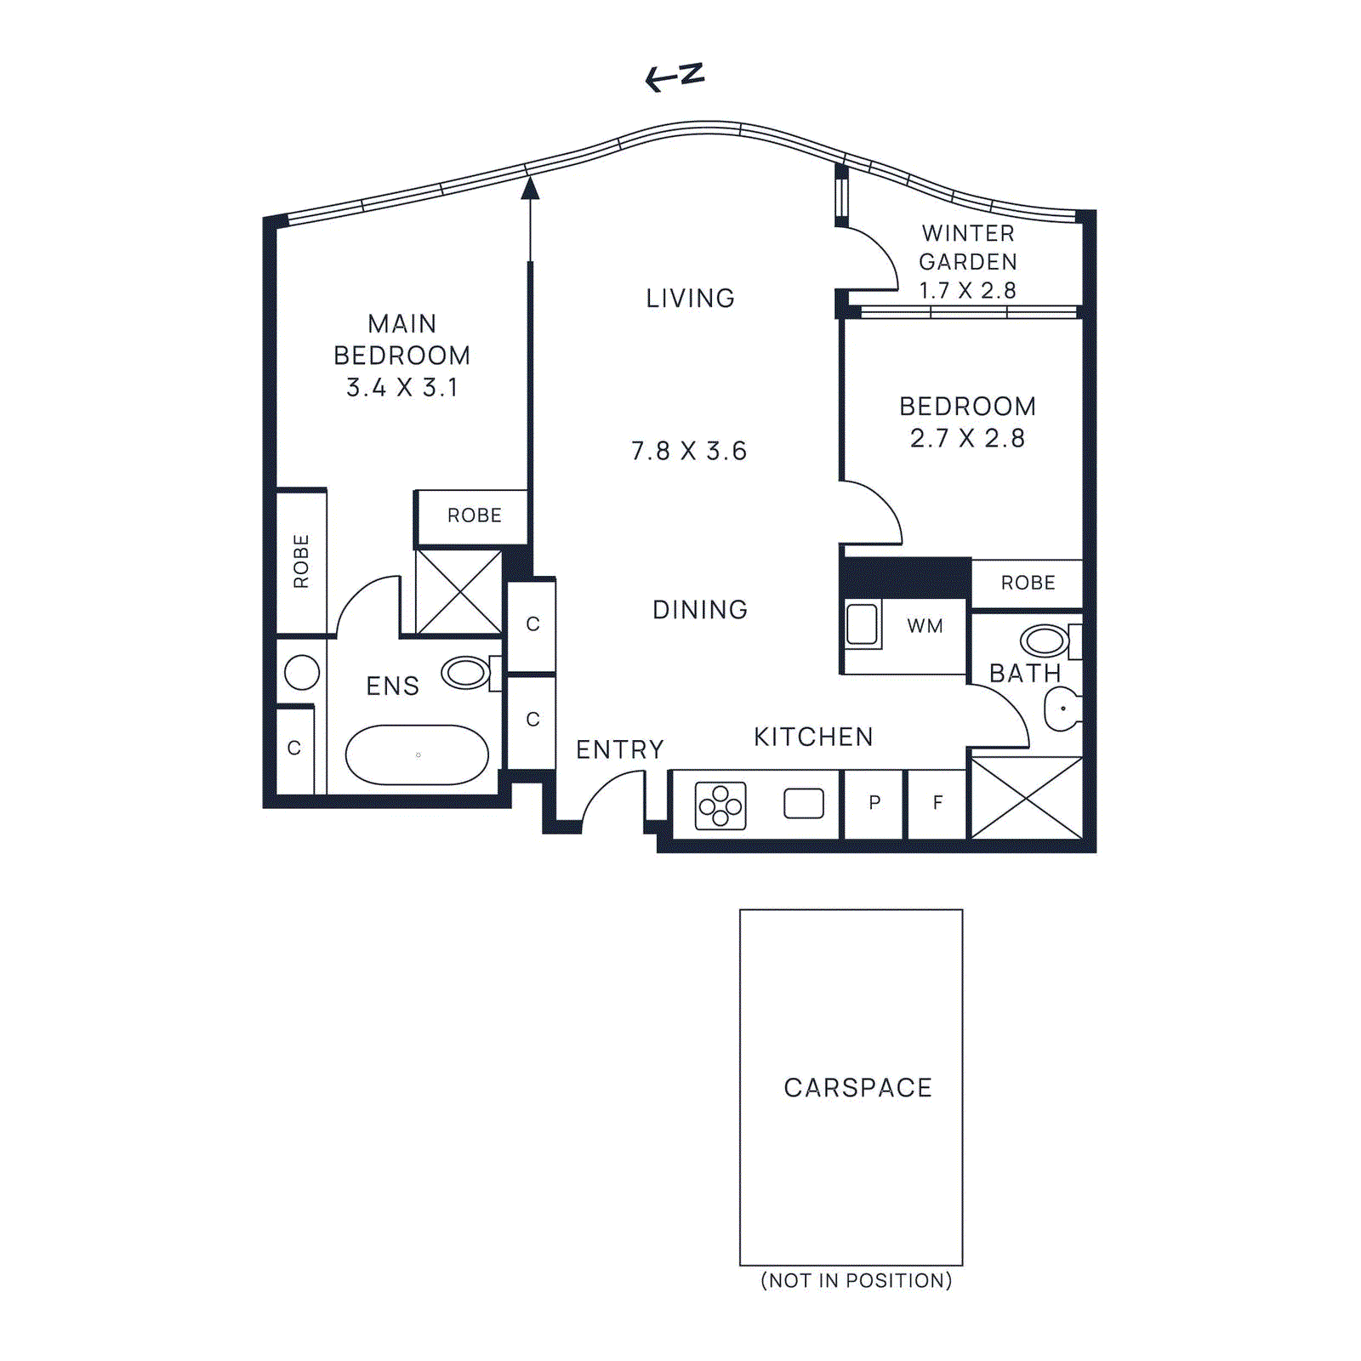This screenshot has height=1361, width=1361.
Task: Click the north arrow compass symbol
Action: (x=675, y=77)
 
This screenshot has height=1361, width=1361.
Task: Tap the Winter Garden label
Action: (x=968, y=248)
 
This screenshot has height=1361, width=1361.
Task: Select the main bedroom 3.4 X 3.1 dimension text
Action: (x=402, y=388)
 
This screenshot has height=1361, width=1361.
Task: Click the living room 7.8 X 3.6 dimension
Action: (x=689, y=451)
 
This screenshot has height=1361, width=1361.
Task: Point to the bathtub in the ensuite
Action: (x=417, y=755)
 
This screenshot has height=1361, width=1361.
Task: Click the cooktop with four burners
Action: (x=720, y=806)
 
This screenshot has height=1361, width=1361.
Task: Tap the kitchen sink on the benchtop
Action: (x=804, y=804)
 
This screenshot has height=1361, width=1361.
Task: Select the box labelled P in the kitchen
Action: (x=874, y=803)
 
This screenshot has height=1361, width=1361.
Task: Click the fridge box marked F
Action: (x=937, y=803)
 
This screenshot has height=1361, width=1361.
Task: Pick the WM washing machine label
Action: (x=925, y=627)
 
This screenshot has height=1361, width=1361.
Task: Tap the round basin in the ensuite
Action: (x=302, y=672)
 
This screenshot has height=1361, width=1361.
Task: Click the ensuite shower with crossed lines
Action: (x=459, y=591)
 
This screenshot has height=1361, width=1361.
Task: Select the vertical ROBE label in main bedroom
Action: (x=301, y=561)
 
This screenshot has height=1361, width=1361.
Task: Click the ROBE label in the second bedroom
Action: (x=1028, y=584)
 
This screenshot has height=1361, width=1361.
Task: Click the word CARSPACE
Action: (x=857, y=1088)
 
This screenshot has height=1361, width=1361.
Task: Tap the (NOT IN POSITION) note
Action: (x=856, y=1281)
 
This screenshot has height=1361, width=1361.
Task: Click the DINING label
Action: (x=700, y=610)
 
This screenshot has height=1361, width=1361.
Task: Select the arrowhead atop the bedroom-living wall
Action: (x=530, y=188)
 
